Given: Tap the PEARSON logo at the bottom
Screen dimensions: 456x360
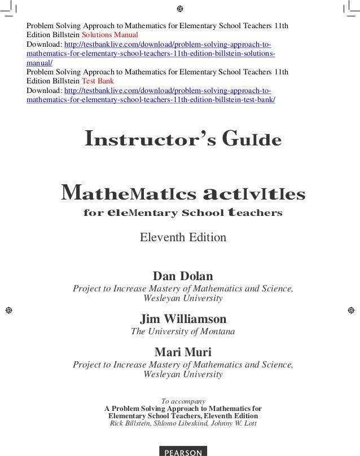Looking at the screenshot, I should pos(183,451).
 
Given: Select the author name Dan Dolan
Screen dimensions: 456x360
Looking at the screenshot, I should pos(183,277).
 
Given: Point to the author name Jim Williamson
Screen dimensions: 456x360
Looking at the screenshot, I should pos(183,319).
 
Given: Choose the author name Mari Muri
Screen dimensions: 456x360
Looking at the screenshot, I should pos(183,353).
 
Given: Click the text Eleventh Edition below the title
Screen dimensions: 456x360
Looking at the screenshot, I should pos(183,237).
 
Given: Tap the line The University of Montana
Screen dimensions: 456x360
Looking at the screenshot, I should pos(183,331).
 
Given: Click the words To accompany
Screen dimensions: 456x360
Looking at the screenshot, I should pos(183,401).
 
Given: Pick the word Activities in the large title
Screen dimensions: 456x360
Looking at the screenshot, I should pos(254,194).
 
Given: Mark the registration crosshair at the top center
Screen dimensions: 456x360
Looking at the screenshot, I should pos(180,9).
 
